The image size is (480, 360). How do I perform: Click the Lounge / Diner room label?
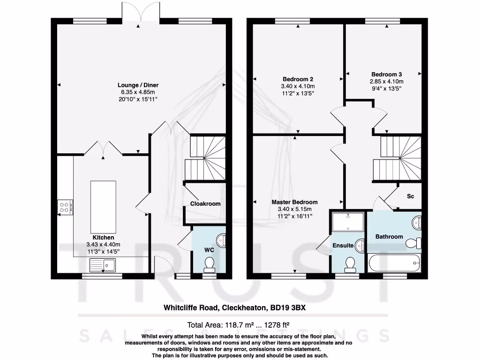click(x=138, y=85)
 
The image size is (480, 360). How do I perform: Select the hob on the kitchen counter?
click(x=65, y=207)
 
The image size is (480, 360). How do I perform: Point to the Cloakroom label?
click(x=205, y=204)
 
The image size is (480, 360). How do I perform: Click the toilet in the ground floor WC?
click(x=210, y=264)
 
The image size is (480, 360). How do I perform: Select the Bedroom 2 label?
click(x=298, y=79)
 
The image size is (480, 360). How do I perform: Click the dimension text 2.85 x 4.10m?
click(x=386, y=81)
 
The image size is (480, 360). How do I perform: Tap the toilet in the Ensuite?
click(x=349, y=265)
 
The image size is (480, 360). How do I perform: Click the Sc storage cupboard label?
click(x=410, y=196)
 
